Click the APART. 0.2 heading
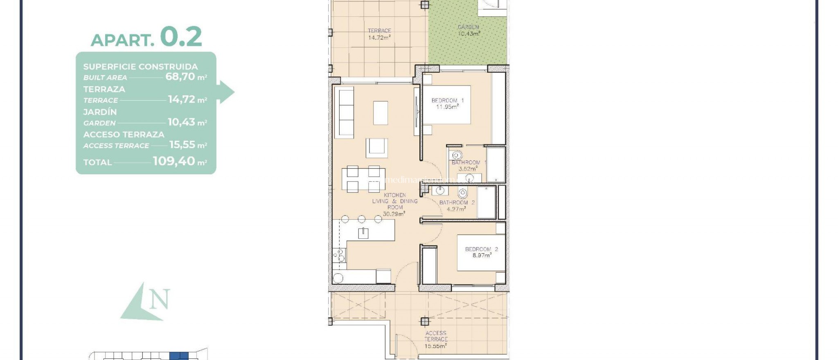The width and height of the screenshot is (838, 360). coord(146,38)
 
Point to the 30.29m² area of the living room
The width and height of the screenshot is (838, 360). coord(394,214)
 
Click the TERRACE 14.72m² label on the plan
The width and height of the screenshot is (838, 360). coord(379,34)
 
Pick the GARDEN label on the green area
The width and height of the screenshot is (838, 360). coord(468,27)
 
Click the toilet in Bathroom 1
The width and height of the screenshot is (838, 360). coord(456,155)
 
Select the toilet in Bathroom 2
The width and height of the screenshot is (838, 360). coord(463,193)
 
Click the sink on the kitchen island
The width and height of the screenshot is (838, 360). coord(363,233)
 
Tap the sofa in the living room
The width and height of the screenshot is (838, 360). coord(344,112)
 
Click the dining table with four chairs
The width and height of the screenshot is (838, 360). coord(363,179)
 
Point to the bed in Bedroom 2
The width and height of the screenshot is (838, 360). coord(481,252)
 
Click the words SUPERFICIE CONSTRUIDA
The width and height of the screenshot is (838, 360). coord(140,66)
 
